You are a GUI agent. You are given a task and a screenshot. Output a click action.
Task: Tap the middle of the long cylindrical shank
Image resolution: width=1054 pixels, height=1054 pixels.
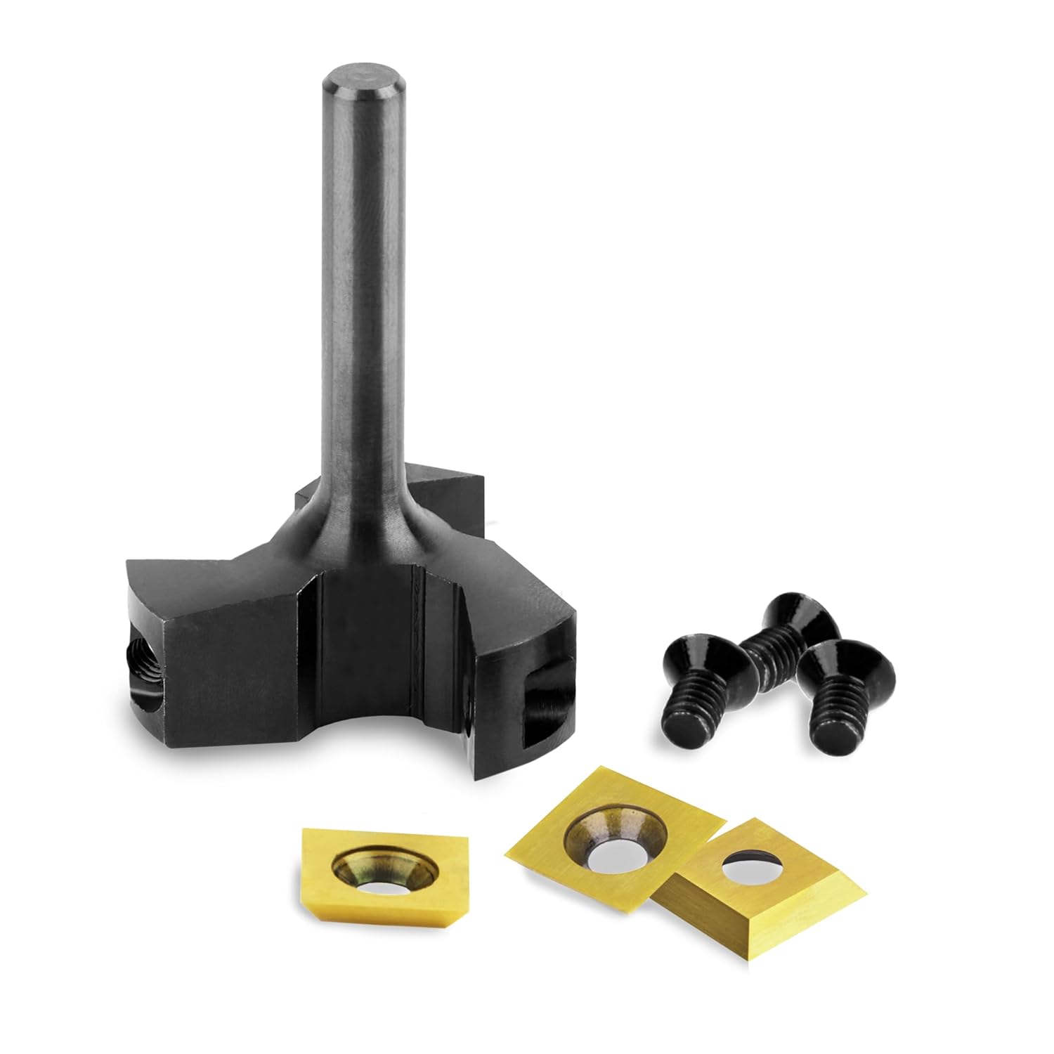[x=360, y=281]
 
